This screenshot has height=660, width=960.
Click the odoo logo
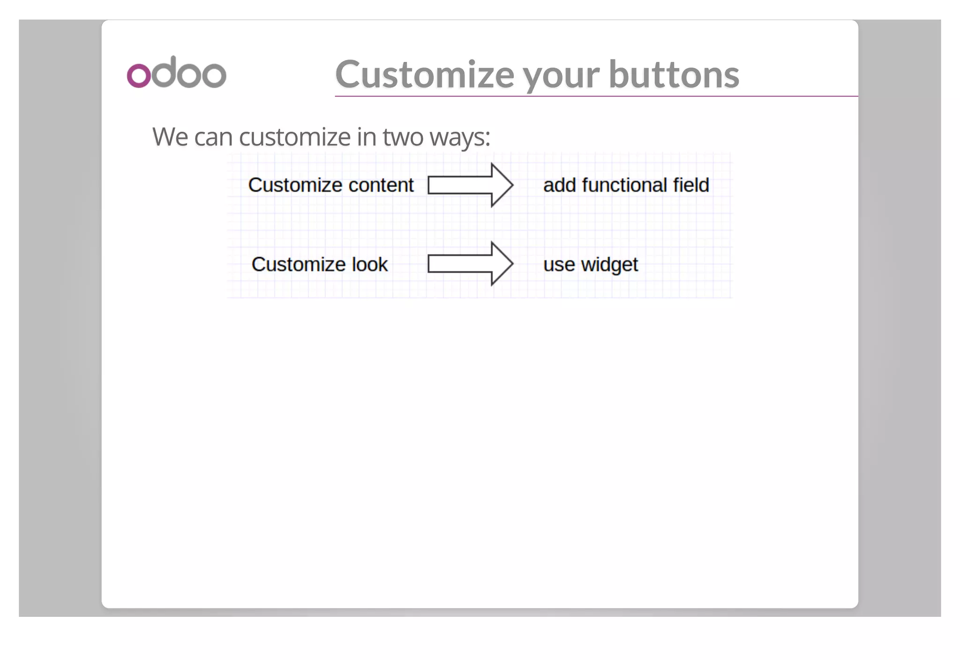tap(176, 73)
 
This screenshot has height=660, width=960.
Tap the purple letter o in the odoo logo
tap(139, 75)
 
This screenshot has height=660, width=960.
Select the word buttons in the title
tap(674, 75)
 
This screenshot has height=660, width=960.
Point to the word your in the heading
tap(561, 76)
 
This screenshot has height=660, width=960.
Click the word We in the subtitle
tap(169, 137)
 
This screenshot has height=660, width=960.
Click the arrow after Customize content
tap(470, 185)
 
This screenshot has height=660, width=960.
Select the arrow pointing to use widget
tap(470, 264)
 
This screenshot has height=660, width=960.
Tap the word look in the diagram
tap(370, 264)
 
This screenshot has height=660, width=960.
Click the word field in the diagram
tap(691, 185)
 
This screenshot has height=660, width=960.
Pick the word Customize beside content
tap(295, 185)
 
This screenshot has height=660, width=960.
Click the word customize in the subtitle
tap(294, 137)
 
